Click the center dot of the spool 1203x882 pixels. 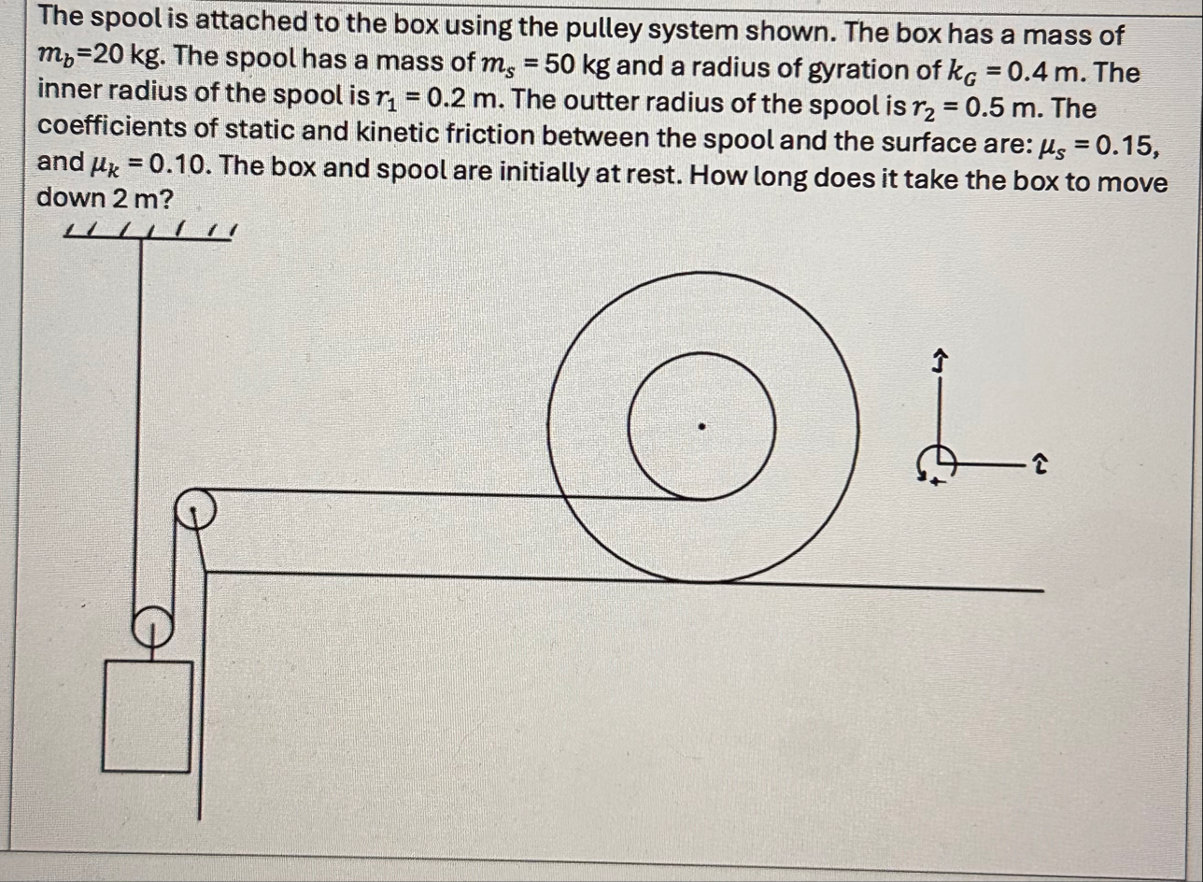point(701,427)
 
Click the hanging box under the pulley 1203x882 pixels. point(147,716)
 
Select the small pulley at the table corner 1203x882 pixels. point(193,510)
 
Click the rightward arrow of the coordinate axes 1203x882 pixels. point(1039,460)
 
